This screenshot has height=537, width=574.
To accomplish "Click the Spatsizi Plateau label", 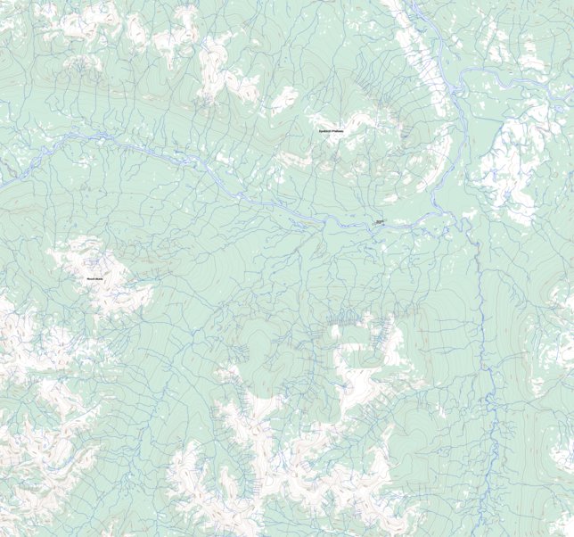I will (331, 132).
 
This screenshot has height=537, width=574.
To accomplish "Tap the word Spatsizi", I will (325, 132).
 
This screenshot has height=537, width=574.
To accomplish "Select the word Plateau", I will (338, 132).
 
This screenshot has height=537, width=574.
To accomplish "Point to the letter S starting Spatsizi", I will (319, 132).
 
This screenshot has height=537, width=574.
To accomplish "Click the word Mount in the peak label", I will (90, 279).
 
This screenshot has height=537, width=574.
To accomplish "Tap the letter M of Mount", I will (87, 279).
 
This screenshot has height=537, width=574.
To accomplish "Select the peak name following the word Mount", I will (99, 279).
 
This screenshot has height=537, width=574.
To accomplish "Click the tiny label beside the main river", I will (379, 221).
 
